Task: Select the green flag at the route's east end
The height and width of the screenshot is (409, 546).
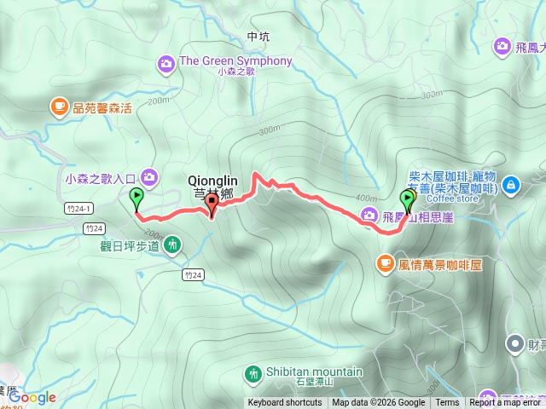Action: click(x=408, y=201)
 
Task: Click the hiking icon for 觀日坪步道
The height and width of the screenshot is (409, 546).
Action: click(x=173, y=246)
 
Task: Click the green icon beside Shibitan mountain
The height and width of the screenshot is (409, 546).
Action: click(x=253, y=372)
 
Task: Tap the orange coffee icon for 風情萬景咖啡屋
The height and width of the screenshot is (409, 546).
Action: click(x=385, y=264)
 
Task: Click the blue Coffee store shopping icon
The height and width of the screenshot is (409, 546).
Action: click(x=510, y=183)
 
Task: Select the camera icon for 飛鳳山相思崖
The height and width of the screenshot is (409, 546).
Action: click(x=369, y=215)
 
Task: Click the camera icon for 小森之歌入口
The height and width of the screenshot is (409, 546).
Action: click(x=150, y=177)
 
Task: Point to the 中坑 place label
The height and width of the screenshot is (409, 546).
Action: click(x=257, y=37)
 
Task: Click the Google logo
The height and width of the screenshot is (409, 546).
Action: click(x=33, y=397)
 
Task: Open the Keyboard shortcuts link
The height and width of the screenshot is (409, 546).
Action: click(x=285, y=403)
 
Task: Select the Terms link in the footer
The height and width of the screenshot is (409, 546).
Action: click(x=447, y=403)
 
